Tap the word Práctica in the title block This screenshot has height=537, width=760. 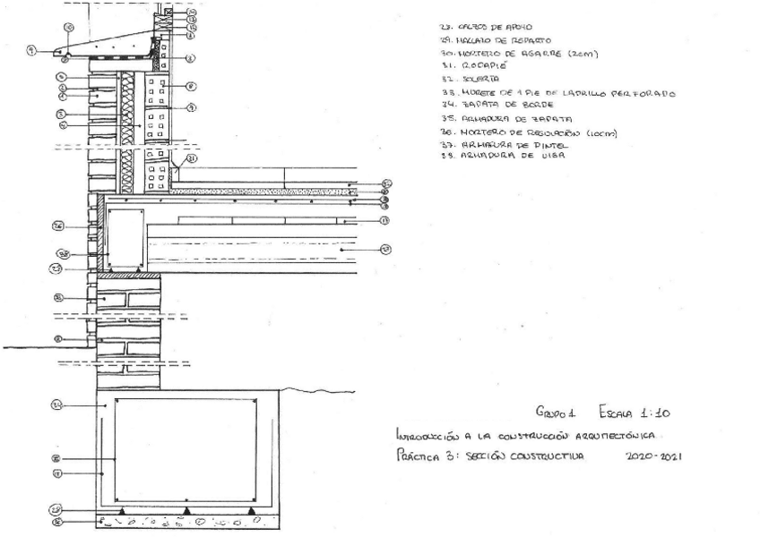coord(412,456)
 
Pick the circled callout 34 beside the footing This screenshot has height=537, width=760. coord(56,405)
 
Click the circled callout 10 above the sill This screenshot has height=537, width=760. coord(68,28)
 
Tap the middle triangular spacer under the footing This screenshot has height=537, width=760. coord(186,509)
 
